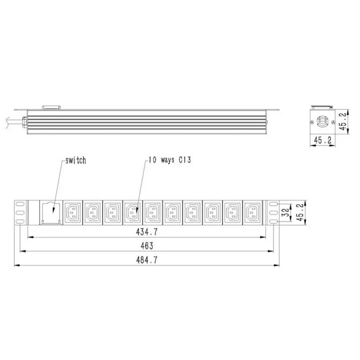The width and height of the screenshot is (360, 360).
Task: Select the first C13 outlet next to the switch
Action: click(x=72, y=211)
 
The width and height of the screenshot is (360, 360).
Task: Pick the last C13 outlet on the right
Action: click(x=251, y=211)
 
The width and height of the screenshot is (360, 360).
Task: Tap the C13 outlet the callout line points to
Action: click(x=132, y=211)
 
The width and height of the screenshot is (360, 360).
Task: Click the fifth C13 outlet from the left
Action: click(x=152, y=211)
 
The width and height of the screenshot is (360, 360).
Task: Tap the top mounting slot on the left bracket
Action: click(x=20, y=203)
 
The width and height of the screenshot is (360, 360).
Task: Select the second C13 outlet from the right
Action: click(x=231, y=211)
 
